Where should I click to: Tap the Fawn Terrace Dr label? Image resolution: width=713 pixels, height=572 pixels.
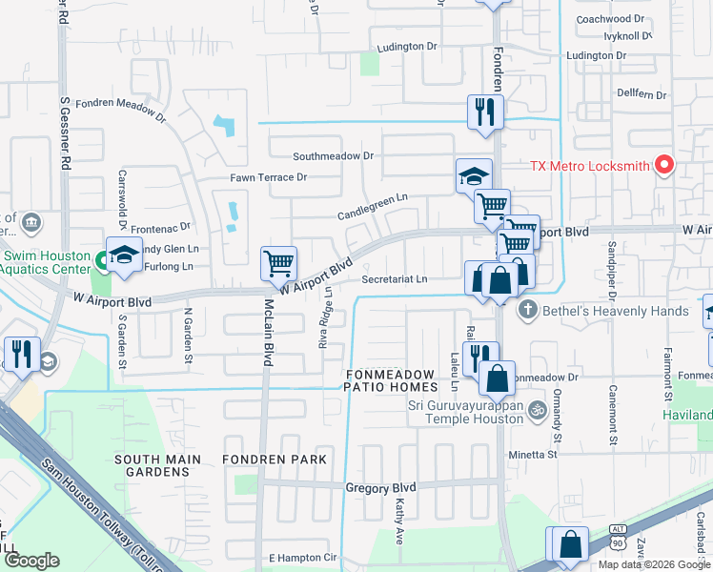(269, 177)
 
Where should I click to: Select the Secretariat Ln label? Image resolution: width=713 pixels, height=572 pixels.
(395, 279)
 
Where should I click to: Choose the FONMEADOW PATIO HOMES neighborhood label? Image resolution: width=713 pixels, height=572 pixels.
(392, 380)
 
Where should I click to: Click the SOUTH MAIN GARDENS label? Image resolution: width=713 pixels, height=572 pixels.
(157, 465)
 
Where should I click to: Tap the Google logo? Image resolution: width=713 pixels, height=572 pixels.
(32, 561)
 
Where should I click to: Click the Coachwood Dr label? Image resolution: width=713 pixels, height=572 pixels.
(611, 19)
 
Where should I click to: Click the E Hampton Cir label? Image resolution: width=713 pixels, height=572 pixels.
(303, 558)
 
